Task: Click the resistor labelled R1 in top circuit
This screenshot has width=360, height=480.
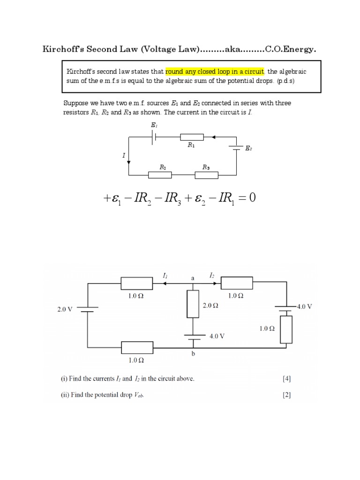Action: [x=192, y=137]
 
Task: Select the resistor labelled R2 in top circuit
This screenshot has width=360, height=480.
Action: [x=160, y=175]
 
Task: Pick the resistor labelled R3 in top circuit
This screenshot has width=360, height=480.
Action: [x=206, y=175]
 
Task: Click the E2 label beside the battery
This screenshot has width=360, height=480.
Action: [x=248, y=149]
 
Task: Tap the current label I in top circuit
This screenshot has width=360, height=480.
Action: [x=124, y=155]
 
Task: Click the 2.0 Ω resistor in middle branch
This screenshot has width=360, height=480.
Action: [x=193, y=304]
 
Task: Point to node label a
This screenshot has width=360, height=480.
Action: [x=193, y=278]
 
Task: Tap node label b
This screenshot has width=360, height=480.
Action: [x=193, y=355]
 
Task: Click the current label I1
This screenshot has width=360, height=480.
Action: [x=165, y=277]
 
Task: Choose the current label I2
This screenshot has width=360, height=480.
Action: [x=212, y=277]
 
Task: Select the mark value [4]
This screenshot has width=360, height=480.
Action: [x=286, y=379]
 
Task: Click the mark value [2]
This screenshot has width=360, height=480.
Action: [x=286, y=395]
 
